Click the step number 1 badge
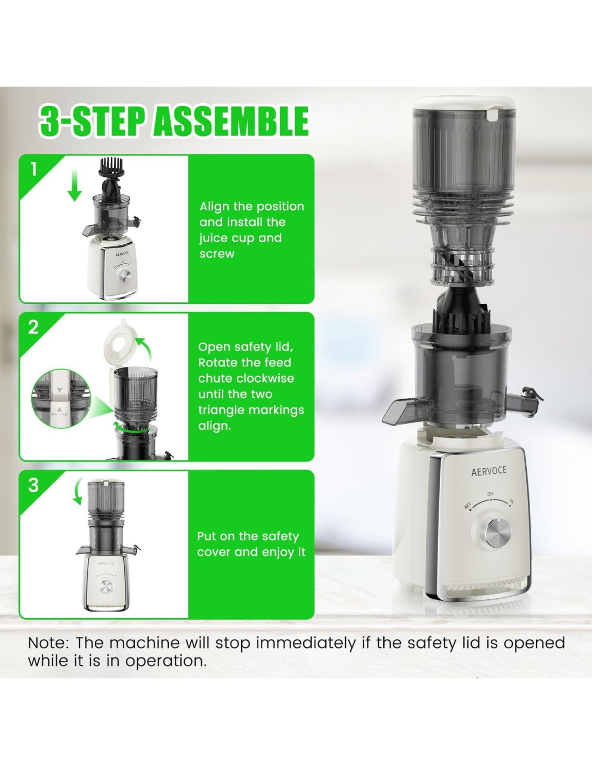pyautogui.click(x=34, y=169)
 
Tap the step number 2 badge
pyautogui.click(x=33, y=328)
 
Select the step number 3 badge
pyautogui.click(x=33, y=485)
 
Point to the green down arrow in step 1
pyautogui.click(x=74, y=186)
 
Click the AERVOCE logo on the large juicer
pyautogui.click(x=489, y=471)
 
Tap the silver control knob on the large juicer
pyautogui.click(x=498, y=534)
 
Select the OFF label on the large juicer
pyautogui.click(x=491, y=494)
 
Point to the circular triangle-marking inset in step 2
pyautogui.click(x=61, y=398)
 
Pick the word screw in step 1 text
pyautogui.click(x=216, y=253)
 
